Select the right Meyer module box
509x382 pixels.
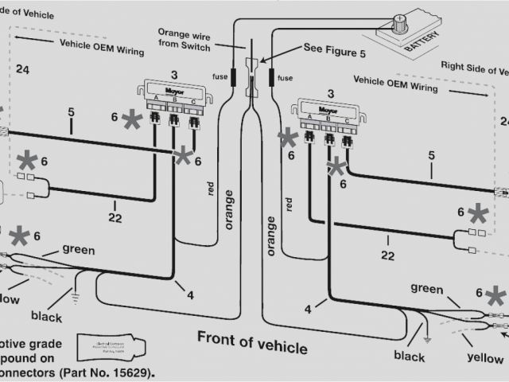[x=326, y=108]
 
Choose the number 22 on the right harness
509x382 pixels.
[x=387, y=255]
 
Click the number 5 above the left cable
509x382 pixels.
[x=71, y=112]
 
